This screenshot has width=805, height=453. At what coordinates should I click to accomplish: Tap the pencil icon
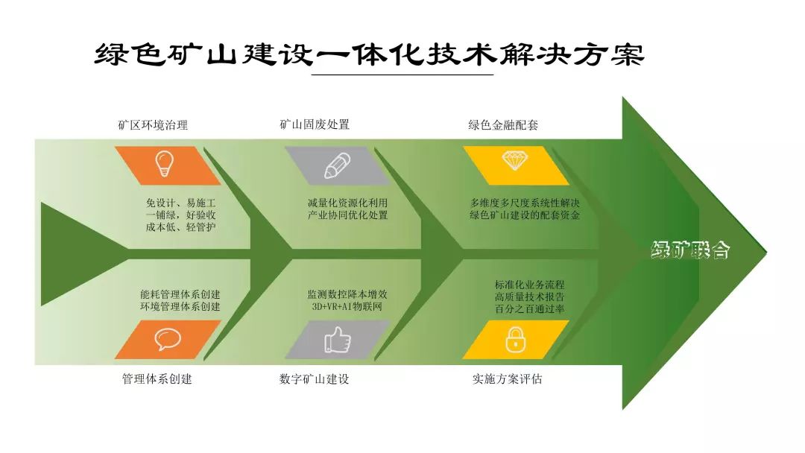point(337,165)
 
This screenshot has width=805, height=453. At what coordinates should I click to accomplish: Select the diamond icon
point(515,160)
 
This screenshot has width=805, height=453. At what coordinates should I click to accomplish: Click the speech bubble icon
point(168,339)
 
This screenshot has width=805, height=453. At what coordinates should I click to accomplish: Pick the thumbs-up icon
point(337,340)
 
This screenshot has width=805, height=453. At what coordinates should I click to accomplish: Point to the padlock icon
point(515,340)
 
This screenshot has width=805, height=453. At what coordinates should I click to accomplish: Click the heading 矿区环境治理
point(153,125)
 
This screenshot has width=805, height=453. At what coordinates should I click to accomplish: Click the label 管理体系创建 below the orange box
point(157,379)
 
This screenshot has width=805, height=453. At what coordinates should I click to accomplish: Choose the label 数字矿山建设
point(314,379)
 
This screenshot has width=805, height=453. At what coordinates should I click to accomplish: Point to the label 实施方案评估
point(507,379)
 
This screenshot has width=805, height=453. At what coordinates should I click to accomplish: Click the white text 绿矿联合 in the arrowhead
point(690,250)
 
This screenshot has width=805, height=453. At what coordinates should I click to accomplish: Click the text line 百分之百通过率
point(529,308)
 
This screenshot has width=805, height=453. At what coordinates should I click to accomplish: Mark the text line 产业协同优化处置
point(347,215)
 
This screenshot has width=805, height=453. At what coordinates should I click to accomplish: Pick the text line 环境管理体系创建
point(180,306)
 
